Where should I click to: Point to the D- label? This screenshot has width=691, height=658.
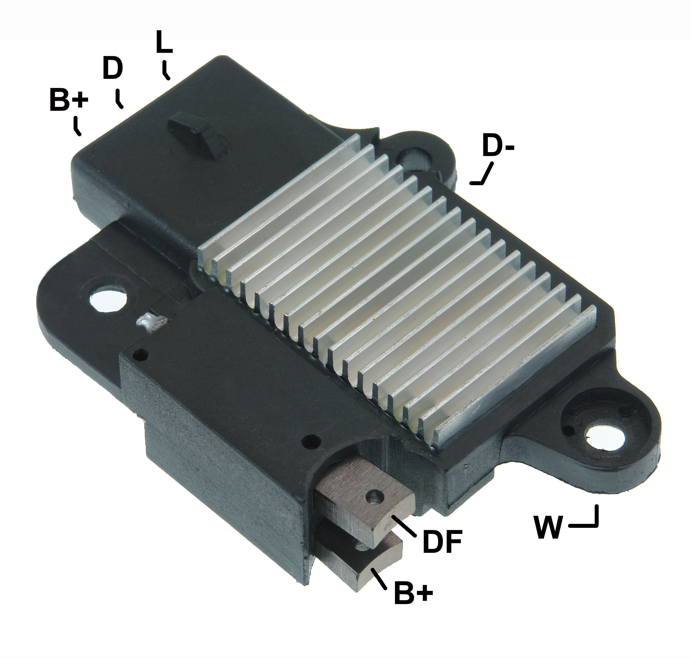pyautogui.click(x=498, y=146)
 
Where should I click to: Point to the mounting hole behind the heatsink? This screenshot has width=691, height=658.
pyautogui.click(x=414, y=160)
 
